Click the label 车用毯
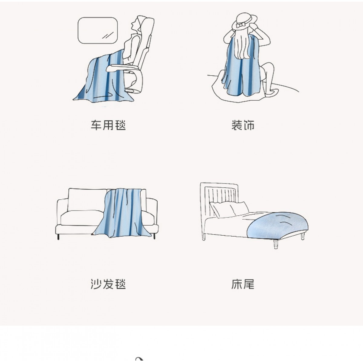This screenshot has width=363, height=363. [x=108, y=125]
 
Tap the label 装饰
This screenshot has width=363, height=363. [x=243, y=125]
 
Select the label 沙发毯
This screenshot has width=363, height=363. [x=108, y=284]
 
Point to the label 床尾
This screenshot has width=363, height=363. [x=243, y=284]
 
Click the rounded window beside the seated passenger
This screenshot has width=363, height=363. [x=98, y=31]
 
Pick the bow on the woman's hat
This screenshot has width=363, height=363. [x=241, y=25]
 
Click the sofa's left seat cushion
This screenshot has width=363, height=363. [x=82, y=217]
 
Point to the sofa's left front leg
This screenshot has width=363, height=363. [x=58, y=237]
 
